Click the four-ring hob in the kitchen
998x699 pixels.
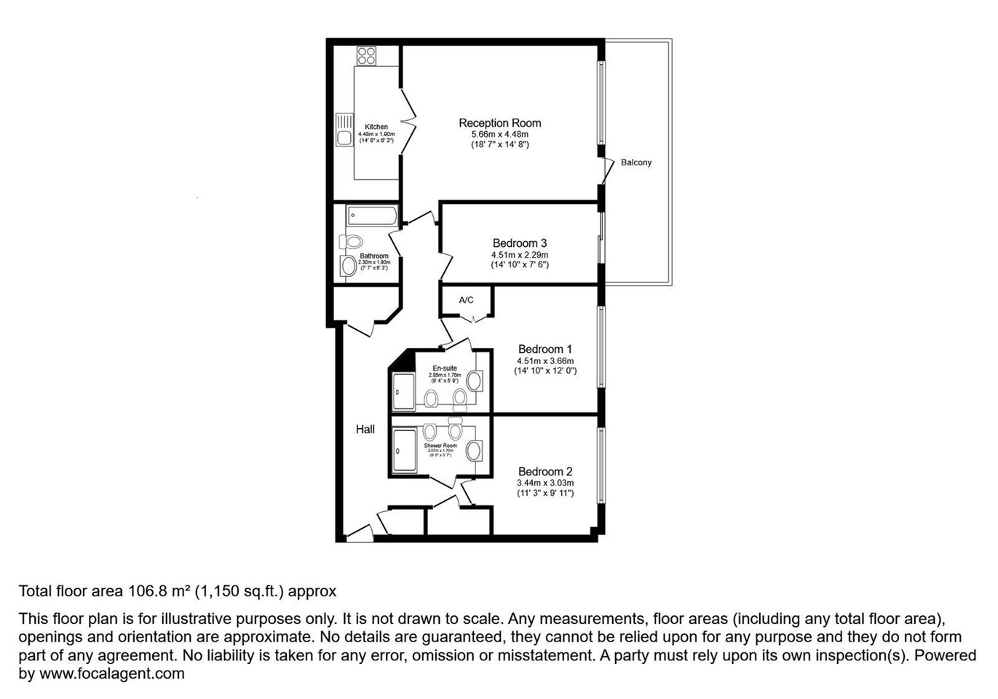366,56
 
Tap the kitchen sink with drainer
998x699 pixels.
344,130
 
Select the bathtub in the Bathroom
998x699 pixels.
371,216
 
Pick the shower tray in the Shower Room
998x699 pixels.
403,451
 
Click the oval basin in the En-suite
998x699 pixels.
475,381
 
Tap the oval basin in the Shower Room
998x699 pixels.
475,450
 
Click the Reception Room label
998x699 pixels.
499,123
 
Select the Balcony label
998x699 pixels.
635,162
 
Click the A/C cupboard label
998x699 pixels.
466,300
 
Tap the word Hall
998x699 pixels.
365,430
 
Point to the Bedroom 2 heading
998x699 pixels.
545,471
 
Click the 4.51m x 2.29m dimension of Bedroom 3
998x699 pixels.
520,255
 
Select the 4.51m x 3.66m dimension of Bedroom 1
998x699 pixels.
545,360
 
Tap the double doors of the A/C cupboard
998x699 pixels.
467,318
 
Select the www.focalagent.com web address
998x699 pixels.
111,674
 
